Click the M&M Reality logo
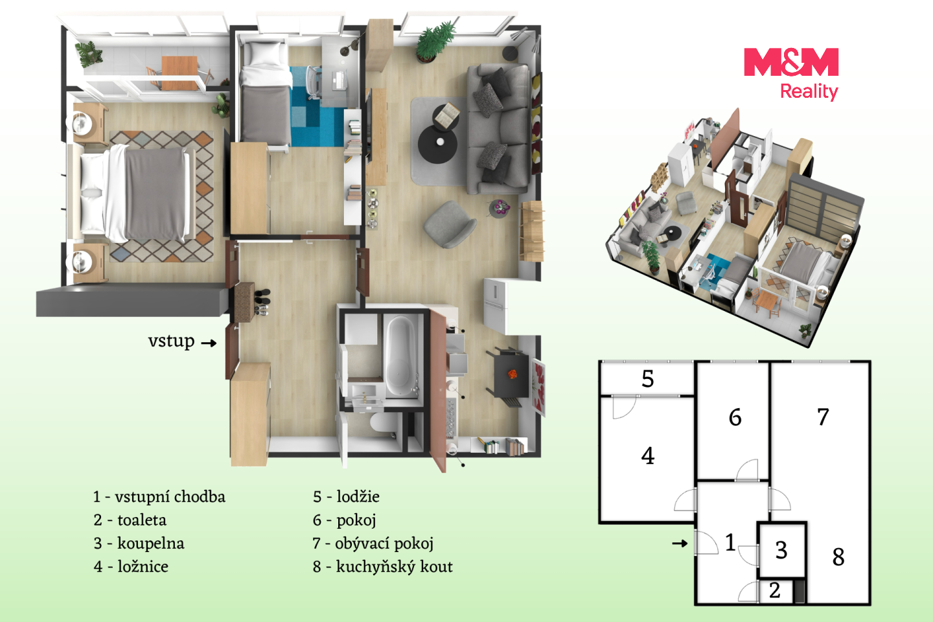click(791, 74)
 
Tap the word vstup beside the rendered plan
click(171, 341)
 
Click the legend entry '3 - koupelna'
click(139, 543)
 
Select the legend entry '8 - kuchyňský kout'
click(383, 566)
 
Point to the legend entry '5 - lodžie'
click(346, 496)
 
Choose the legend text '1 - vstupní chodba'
click(159, 496)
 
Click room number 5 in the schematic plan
click(647, 378)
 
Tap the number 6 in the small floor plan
click(735, 417)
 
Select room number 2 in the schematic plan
click(775, 590)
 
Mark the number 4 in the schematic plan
click(648, 455)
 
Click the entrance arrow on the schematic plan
click(680, 543)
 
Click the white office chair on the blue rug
click(314, 82)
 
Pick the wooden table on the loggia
click(179, 73)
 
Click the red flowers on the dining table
click(513, 374)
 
